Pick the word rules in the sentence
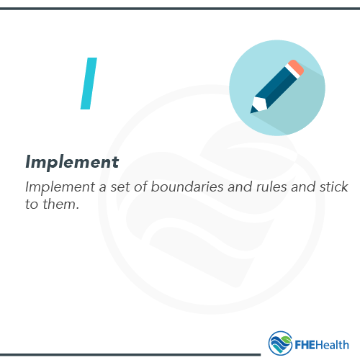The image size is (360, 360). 270,186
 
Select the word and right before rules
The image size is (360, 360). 238,186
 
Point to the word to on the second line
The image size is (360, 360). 32,204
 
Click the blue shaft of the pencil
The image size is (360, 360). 275,87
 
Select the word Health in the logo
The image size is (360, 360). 333,343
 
